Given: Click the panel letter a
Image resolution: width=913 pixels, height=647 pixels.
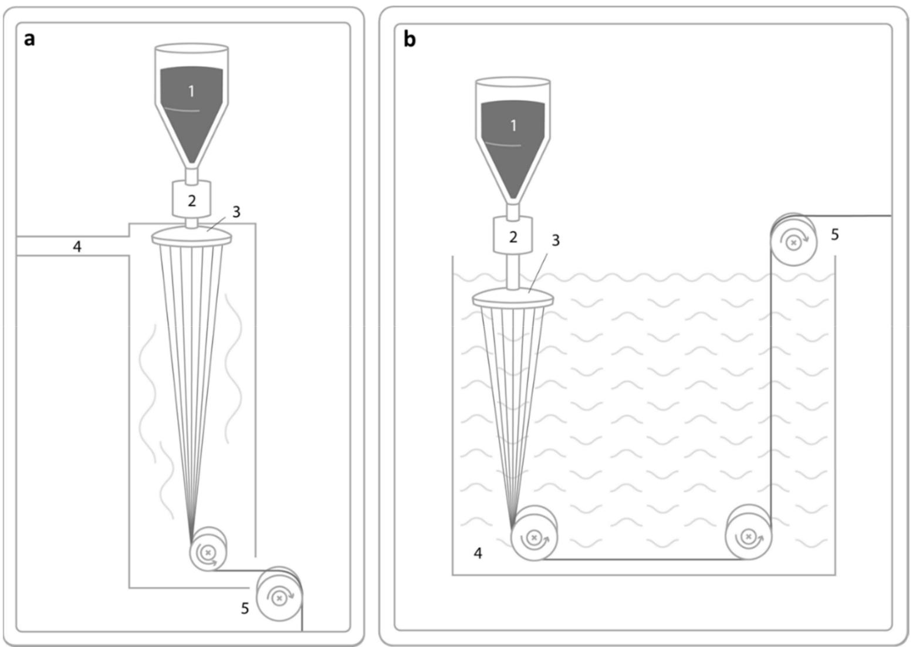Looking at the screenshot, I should point(29,39).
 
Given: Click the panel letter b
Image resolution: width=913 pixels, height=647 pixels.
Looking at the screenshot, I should point(410,40).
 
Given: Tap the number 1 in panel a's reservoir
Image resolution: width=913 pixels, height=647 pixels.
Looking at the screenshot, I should point(191,91).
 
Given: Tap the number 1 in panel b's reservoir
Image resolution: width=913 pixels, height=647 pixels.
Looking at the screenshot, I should point(513,125).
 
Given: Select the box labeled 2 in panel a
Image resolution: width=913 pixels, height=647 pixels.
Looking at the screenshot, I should point(192,200).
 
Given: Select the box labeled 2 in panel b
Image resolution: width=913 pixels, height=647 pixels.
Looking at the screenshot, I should point(513,236).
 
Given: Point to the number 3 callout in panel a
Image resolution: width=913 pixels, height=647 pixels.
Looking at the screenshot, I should point(236,212).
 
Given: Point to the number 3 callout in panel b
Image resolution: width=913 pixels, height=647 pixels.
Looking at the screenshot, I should point(556,240).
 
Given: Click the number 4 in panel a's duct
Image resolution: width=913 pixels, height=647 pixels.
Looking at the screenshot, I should point(77,246).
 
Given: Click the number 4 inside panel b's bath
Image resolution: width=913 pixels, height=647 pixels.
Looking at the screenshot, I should point(478,553).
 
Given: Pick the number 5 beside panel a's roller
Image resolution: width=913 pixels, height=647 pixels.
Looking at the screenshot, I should point(245,608).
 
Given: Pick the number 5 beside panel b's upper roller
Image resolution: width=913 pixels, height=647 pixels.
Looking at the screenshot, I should point(835,235).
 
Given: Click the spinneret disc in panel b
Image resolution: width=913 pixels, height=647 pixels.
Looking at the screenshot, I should point(513,299).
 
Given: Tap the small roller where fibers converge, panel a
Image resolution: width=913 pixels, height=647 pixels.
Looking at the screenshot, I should point(208,551).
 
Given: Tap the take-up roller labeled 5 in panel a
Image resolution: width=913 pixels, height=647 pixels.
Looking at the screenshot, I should point(280,597).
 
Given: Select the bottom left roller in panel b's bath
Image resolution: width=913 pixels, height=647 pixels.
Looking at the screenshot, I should point(533,537).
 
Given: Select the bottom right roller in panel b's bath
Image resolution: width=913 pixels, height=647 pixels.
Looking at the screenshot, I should point(748,536).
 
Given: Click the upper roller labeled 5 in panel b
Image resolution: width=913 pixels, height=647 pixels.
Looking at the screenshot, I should point(793,241).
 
